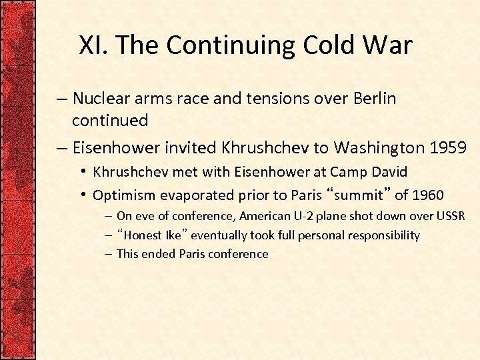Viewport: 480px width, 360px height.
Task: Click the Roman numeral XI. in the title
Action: (x=95, y=45)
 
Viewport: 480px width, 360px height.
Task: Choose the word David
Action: (x=389, y=171)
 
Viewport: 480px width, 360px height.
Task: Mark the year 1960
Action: (x=428, y=195)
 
